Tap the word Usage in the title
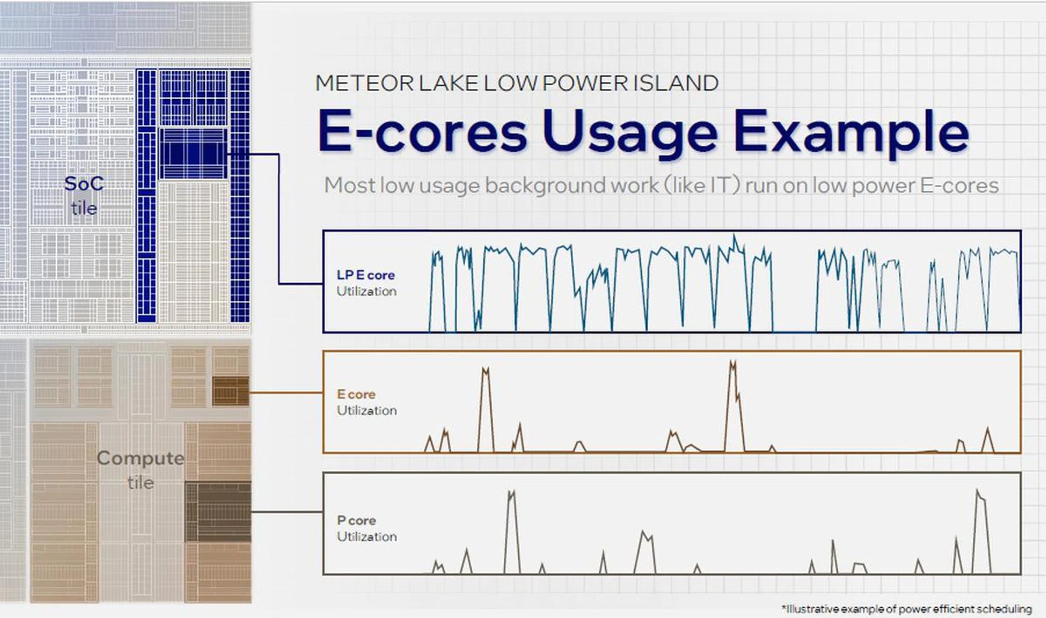630,132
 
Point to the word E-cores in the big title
422,132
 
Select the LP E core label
366,275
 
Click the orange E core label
356,394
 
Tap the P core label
356,520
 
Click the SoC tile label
84,195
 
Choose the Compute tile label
141,469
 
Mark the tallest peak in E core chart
733,362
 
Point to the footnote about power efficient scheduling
907,609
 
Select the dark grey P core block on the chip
218,511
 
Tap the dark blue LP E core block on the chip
193,153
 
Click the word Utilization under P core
367,537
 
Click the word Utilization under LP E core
367,291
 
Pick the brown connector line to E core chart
286,392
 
